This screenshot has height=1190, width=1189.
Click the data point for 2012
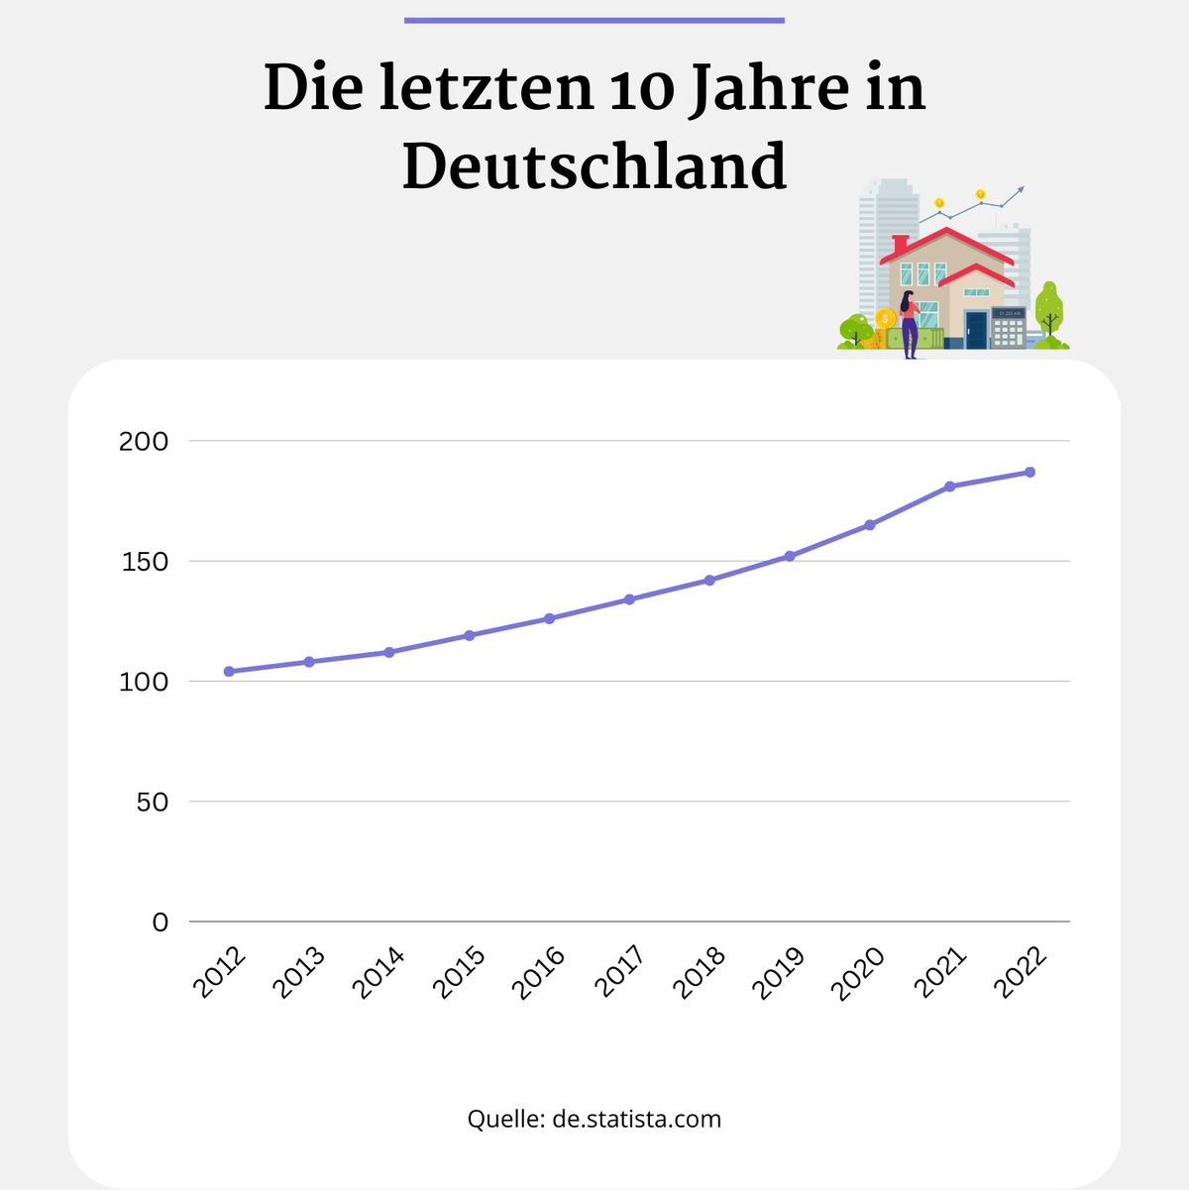(229, 672)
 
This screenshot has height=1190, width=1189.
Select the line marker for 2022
(1030, 472)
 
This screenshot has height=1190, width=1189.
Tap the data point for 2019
(790, 556)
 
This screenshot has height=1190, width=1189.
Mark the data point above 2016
(549, 618)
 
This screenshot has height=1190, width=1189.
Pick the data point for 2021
(950, 487)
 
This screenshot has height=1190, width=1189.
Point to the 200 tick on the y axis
(144, 441)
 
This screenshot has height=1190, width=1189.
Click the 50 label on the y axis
(153, 802)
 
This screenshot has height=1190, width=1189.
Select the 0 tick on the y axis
(161, 922)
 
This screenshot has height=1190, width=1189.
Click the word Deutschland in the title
(594, 165)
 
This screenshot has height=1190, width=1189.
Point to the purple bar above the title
(594, 20)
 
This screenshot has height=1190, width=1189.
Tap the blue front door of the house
(977, 330)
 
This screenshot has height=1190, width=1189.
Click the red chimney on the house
(900, 244)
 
